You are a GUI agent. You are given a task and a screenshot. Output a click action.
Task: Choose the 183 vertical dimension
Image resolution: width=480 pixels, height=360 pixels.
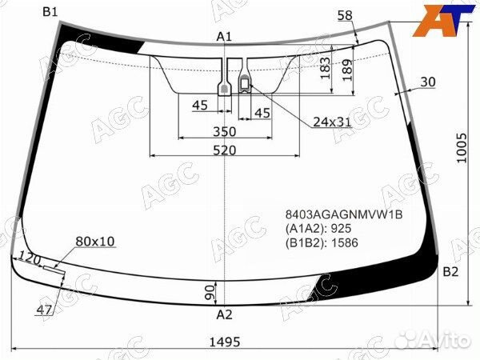(325, 69)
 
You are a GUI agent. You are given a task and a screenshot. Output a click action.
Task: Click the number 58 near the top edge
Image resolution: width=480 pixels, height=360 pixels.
(345, 15)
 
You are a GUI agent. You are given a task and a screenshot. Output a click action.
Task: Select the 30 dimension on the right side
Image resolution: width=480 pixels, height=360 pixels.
(427, 82)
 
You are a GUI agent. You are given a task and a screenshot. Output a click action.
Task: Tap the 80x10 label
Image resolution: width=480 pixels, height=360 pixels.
(95, 241)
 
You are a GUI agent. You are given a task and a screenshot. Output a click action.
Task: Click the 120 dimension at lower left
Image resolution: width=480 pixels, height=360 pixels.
(30, 258)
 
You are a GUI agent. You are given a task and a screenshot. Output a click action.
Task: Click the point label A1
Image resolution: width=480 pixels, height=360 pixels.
(224, 36)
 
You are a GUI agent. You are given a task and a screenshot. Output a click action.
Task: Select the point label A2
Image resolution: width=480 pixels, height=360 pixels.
(224, 314)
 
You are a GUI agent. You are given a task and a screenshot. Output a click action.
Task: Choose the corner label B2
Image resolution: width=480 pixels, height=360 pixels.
(450, 272)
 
